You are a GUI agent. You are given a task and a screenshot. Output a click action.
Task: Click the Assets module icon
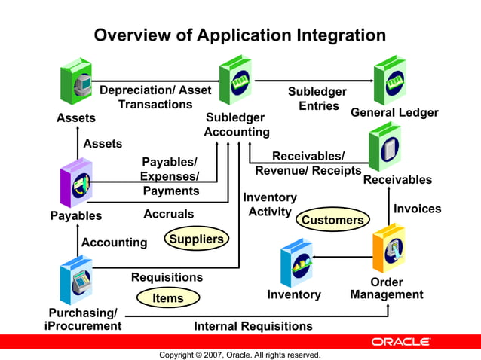(76, 82)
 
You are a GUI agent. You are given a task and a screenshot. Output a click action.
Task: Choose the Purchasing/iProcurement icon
(76, 279)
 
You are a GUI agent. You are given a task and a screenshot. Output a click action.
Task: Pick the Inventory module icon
(296, 263)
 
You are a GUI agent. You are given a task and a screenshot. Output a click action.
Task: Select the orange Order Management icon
(388, 249)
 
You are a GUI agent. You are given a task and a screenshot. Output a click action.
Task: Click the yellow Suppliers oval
(196, 239)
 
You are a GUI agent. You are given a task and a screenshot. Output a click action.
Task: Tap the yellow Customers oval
(332, 220)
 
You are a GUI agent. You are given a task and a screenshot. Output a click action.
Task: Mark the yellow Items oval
(168, 298)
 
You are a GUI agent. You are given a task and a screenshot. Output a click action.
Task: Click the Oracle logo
(400, 342)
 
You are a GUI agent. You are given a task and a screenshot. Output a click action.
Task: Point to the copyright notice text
(240, 355)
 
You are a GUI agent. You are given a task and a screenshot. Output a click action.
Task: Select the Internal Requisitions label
(253, 326)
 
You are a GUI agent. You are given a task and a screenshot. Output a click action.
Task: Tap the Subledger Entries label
(317, 99)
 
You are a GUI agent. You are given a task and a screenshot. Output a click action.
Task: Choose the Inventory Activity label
(270, 205)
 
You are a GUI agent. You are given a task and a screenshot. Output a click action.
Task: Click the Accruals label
(168, 214)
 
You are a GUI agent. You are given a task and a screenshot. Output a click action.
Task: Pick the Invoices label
(417, 209)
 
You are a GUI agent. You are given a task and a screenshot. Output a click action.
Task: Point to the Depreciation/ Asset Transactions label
(155, 97)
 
